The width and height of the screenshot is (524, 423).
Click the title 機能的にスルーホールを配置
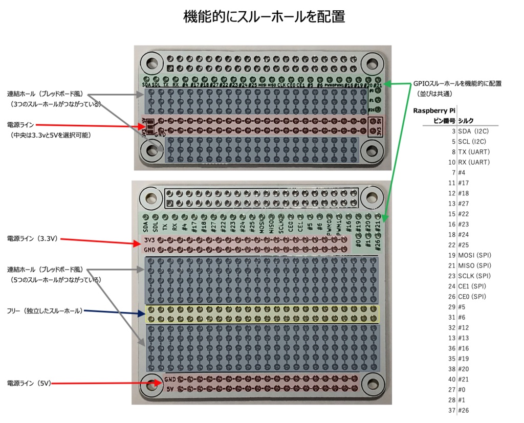coord(264,17)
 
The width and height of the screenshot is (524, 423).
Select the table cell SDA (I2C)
coord(474,131)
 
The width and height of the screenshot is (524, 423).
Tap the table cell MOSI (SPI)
coord(474,255)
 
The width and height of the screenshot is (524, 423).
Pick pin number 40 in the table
coord(451,379)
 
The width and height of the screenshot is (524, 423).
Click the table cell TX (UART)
coord(474,152)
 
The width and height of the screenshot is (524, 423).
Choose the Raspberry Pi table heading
coord(434,110)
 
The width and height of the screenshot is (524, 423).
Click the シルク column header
coord(466,121)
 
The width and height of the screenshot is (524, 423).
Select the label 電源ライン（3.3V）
coord(32,238)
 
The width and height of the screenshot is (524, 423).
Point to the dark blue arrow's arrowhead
coord(142,314)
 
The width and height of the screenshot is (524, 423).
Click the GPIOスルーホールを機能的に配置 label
coord(457,83)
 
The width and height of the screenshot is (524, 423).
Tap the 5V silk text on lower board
coord(169,388)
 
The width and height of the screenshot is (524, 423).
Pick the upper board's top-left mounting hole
coord(151,64)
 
